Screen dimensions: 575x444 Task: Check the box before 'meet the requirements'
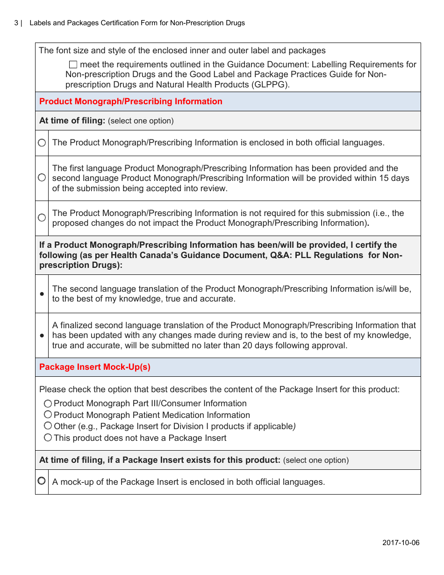(x=73, y=65)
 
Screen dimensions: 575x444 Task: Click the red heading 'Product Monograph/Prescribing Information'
(x=131, y=101)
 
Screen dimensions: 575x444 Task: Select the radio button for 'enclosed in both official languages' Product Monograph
(x=42, y=143)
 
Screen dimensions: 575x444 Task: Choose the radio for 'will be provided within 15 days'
(x=42, y=178)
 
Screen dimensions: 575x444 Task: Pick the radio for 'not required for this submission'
(x=42, y=218)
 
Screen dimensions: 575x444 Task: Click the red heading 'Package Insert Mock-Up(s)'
(x=95, y=367)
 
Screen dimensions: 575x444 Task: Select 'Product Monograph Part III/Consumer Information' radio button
(x=48, y=403)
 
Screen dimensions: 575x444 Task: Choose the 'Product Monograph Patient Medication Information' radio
(x=48, y=415)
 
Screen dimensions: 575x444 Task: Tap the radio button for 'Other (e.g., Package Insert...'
(x=48, y=426)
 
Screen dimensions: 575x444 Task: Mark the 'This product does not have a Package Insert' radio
(x=48, y=438)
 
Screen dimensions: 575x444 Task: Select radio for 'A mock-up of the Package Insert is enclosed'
(x=42, y=481)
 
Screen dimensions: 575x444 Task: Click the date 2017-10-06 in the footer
(x=401, y=543)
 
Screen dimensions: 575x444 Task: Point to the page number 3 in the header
(x=16, y=23)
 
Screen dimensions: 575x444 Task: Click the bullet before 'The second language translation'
(x=42, y=294)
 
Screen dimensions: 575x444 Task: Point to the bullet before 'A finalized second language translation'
(x=42, y=336)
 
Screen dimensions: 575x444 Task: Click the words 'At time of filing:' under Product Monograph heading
(x=72, y=121)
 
